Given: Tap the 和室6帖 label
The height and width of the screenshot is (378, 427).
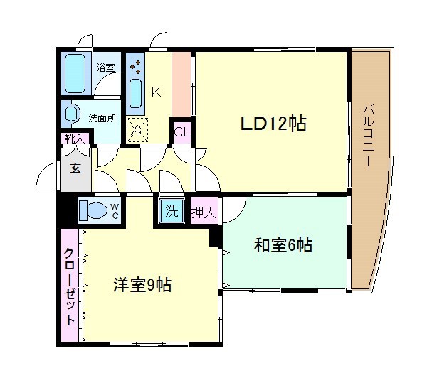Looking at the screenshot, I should coord(283,246).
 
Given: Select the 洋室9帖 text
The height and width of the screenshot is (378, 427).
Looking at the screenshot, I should coord(142,286).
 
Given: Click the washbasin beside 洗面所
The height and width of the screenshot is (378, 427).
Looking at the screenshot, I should coord(72,114).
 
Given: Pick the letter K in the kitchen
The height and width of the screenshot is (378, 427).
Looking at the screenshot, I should coord(156,91).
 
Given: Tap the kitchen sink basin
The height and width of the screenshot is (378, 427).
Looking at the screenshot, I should coord(136,92).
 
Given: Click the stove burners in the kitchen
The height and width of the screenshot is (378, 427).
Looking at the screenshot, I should coord(136,66).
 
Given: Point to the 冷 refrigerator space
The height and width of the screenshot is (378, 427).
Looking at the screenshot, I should coord(137,129).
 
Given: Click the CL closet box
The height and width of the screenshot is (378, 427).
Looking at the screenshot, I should coord(182,131).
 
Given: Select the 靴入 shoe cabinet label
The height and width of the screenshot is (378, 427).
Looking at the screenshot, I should coord(74,139).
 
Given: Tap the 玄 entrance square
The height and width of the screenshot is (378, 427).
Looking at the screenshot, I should coord(75,168).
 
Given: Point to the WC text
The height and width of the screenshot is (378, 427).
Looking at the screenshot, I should coord(114,210).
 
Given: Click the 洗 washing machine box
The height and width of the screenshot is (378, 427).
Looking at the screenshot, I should coord(172,211).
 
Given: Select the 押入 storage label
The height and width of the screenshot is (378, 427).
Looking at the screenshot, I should coord(203,212).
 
